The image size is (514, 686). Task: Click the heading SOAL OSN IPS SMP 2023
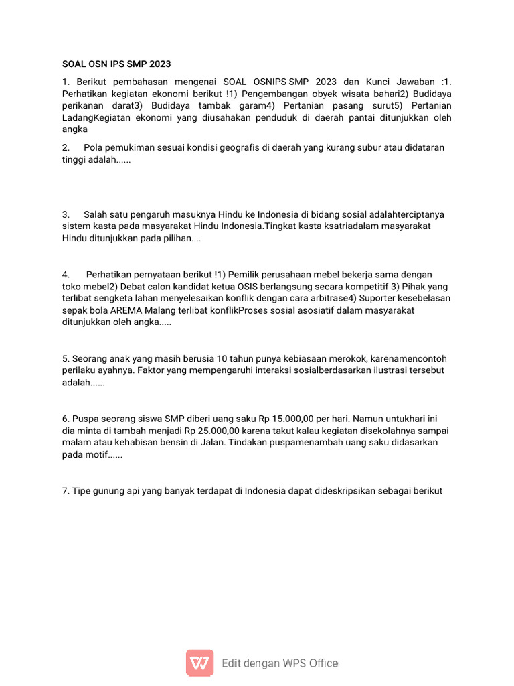pos(116,64)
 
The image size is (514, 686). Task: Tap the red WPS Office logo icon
pos(199,663)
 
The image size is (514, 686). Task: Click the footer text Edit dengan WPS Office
pos(280,663)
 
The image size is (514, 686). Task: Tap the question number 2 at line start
pos(66,147)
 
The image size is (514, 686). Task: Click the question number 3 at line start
pos(66,214)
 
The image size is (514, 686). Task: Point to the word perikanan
pos(84,106)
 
